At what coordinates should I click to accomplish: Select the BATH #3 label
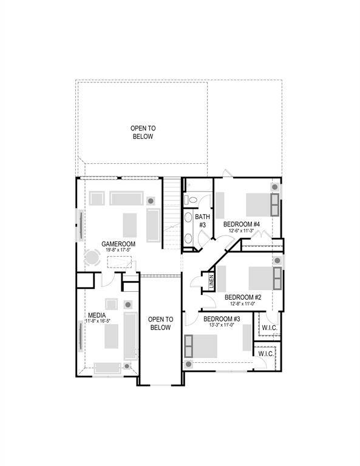click(x=202, y=220)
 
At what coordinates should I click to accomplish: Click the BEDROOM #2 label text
click(x=243, y=297)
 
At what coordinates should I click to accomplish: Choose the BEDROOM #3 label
click(x=221, y=319)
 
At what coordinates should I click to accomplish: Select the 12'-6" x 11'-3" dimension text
click(x=242, y=231)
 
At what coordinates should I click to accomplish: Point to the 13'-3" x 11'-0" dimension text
click(x=222, y=325)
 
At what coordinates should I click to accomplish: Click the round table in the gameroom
click(x=92, y=258)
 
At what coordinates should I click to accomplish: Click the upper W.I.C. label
click(x=269, y=328)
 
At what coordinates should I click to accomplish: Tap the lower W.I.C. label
click(x=266, y=353)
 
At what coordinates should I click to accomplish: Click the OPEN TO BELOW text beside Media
click(x=160, y=323)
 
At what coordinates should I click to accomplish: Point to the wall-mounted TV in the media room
click(x=80, y=335)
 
